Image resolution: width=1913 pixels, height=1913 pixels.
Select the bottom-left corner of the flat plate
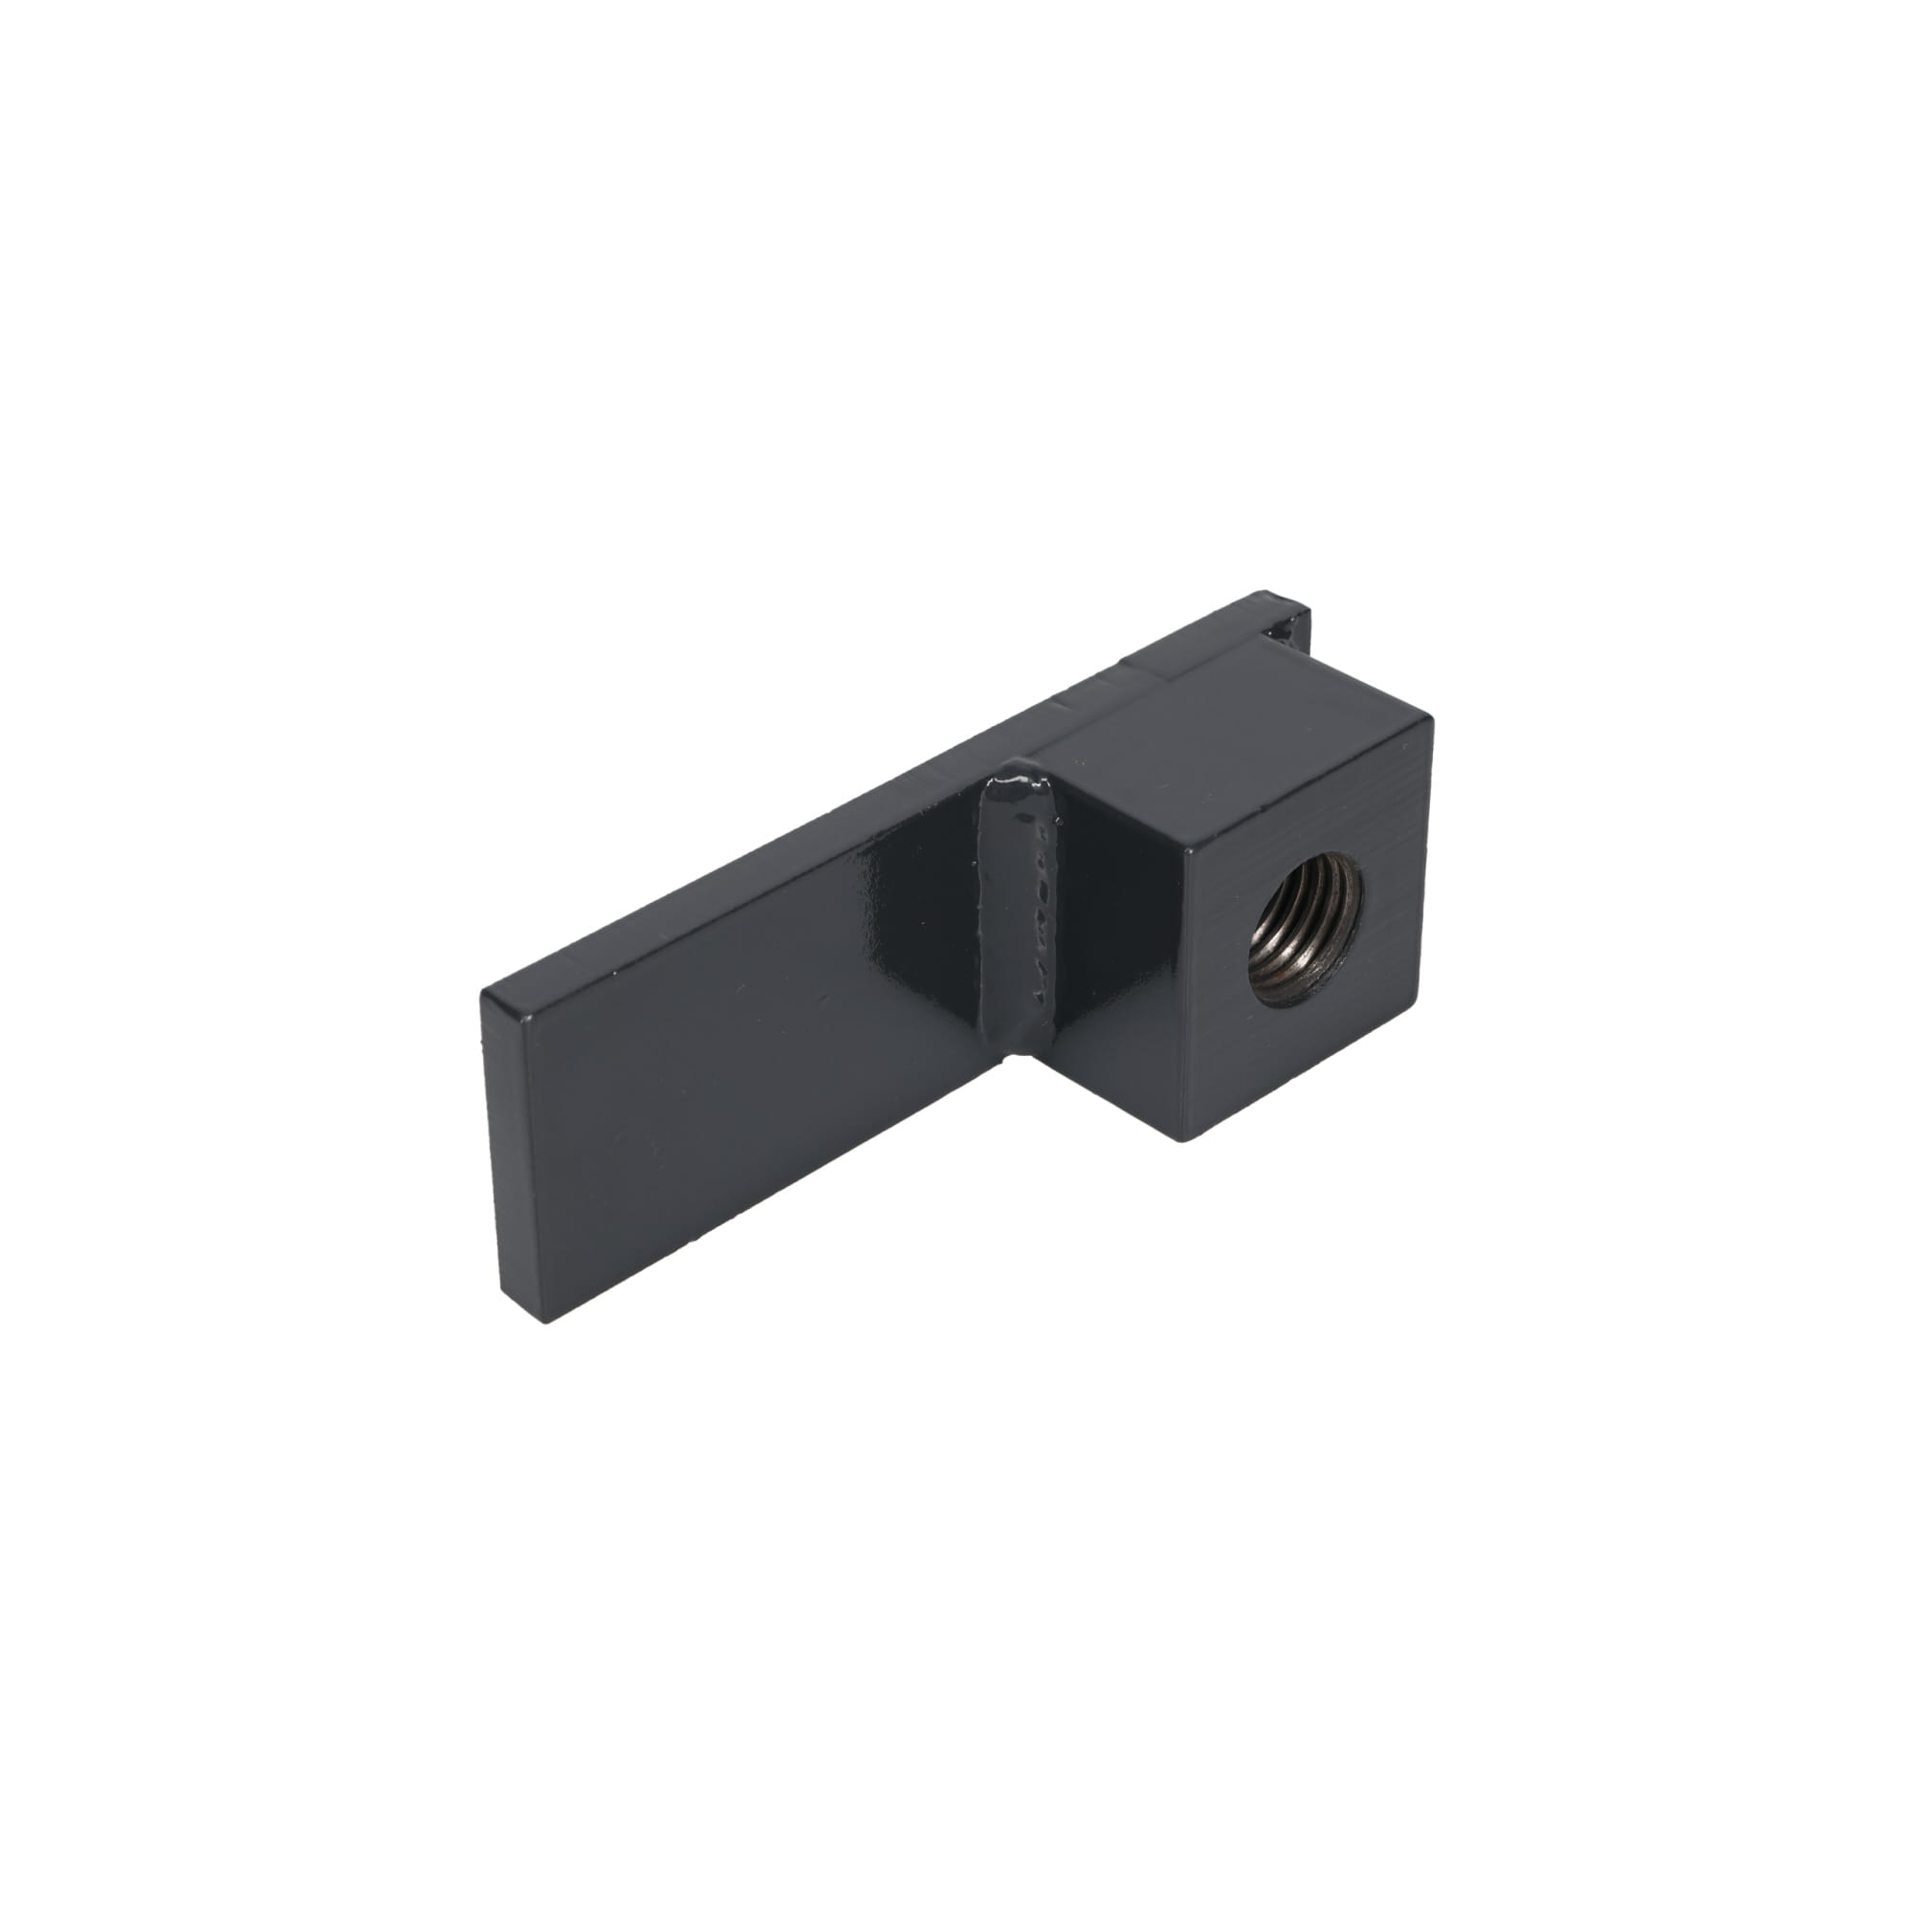[x=542, y=1320]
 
